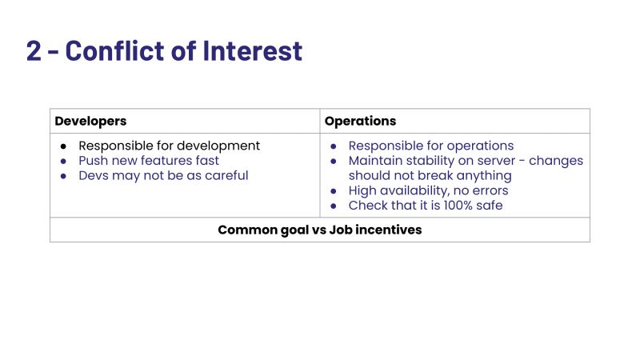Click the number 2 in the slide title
pos(34,50)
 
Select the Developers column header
pos(90,121)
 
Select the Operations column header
pos(360,121)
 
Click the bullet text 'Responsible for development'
pos(169,146)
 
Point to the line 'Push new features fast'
pos(149,161)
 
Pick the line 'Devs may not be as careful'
pos(163,175)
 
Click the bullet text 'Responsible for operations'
pos(430,146)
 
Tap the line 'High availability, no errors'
pos(428,190)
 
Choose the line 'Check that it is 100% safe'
pos(426,206)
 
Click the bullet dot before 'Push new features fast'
pos(64,161)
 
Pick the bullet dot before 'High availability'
pos(334,190)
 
